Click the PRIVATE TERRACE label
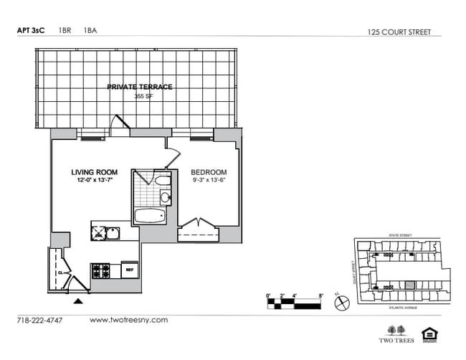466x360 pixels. [139, 87]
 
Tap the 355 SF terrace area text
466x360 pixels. [140, 95]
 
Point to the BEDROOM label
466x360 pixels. [208, 172]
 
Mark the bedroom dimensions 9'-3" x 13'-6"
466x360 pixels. [208, 181]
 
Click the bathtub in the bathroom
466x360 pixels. [149, 215]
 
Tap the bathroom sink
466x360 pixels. [165, 197]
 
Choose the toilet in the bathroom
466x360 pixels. [163, 180]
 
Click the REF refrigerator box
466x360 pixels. [130, 270]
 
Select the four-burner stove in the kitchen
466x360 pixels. [100, 271]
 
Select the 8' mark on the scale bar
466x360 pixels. [320, 295]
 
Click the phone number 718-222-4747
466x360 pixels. [39, 320]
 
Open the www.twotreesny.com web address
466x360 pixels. [128, 320]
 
